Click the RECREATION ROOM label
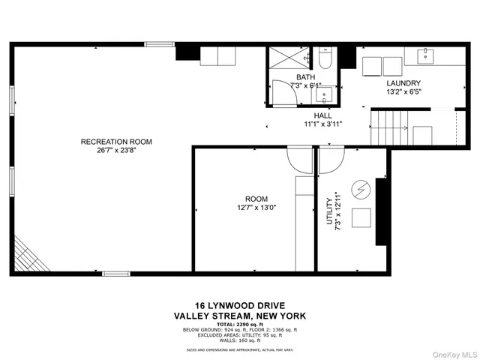[116, 141]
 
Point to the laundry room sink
[425, 55]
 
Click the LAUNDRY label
[403, 83]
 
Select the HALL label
[323, 115]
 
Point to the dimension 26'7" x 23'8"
[116, 149]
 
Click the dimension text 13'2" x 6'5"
[403, 92]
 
